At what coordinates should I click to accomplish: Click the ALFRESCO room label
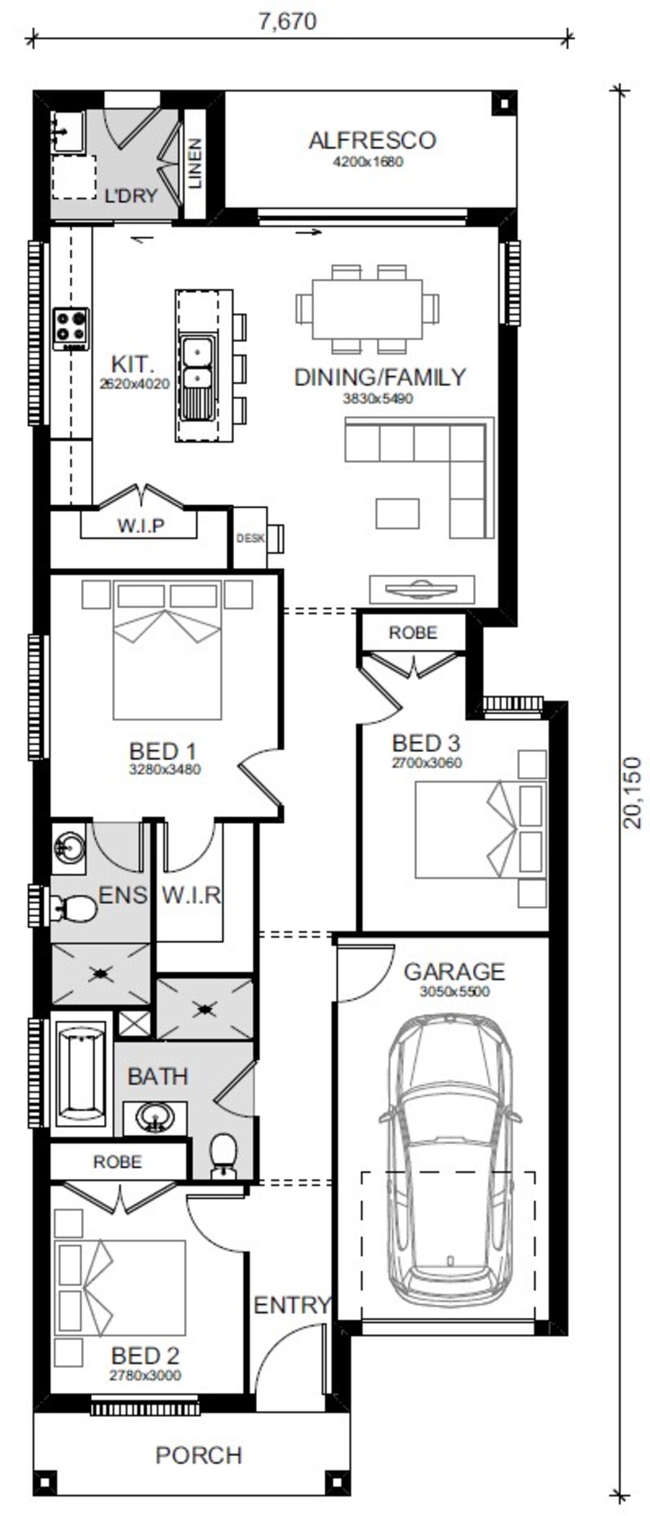click(x=372, y=140)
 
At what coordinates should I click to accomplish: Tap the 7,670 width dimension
click(x=287, y=22)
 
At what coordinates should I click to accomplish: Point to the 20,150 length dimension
click(x=631, y=792)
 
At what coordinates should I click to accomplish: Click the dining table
click(x=367, y=309)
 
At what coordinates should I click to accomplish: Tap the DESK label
click(x=250, y=538)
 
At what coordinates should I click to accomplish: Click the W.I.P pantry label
click(x=141, y=525)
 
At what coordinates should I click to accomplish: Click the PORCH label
click(x=199, y=1455)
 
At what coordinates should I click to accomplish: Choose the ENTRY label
click(x=292, y=1305)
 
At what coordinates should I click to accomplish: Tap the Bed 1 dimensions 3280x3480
click(x=165, y=770)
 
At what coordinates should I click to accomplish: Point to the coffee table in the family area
click(x=397, y=514)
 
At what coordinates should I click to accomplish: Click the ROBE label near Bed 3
click(x=413, y=633)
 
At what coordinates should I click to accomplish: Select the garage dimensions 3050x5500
click(x=454, y=991)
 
